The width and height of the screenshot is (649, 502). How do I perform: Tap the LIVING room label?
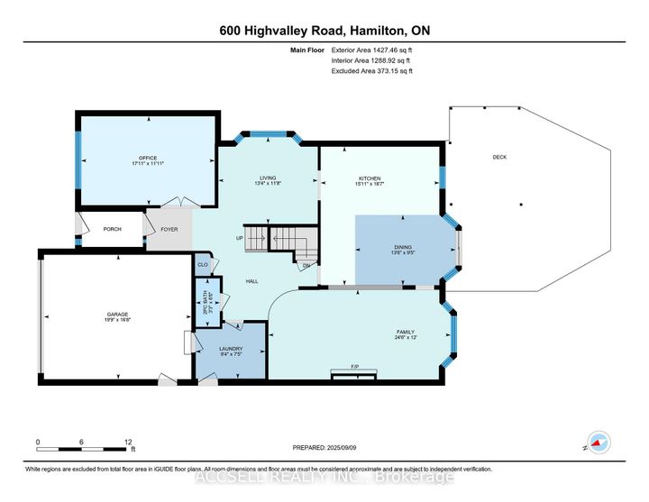(267, 178)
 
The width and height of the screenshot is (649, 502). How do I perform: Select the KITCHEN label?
(370, 178)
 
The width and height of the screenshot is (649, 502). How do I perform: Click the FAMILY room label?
(405, 332)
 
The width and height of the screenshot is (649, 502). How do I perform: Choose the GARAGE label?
(112, 314)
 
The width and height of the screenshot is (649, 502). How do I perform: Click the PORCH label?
(113, 229)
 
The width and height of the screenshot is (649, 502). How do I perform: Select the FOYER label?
(169, 229)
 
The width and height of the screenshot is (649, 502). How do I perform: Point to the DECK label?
(499, 157)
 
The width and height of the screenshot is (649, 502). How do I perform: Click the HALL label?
(252, 281)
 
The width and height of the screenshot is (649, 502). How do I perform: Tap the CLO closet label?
(202, 265)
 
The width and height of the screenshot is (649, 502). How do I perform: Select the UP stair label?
(239, 239)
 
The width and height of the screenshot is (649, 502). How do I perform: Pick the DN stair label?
(306, 265)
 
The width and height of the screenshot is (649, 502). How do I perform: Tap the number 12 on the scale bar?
(126, 442)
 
